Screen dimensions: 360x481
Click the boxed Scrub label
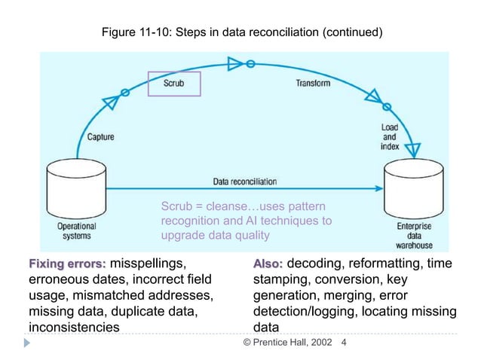click(x=173, y=84)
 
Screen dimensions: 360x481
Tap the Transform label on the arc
click(x=312, y=83)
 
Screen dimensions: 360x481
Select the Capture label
click(x=101, y=136)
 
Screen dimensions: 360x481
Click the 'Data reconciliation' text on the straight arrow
click(x=245, y=182)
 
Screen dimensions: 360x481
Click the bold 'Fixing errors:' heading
click(x=67, y=264)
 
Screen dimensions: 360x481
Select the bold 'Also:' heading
click(x=268, y=264)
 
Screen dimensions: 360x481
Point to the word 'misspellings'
click(x=148, y=264)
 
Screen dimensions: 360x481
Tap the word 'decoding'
click(x=317, y=264)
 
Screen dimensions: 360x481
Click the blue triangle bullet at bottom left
click(x=27, y=343)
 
